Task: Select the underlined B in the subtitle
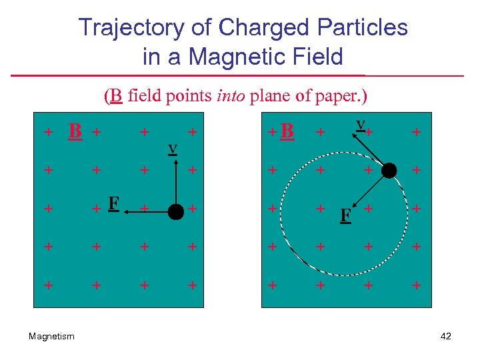(116, 96)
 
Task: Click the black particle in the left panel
(175, 212)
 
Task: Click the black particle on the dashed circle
(389, 171)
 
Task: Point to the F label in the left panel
(114, 203)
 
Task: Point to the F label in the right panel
(345, 216)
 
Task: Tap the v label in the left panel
(172, 148)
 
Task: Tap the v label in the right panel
(361, 124)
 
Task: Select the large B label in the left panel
(75, 131)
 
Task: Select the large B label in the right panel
(287, 131)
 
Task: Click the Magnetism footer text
(52, 337)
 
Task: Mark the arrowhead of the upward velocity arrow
(175, 158)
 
